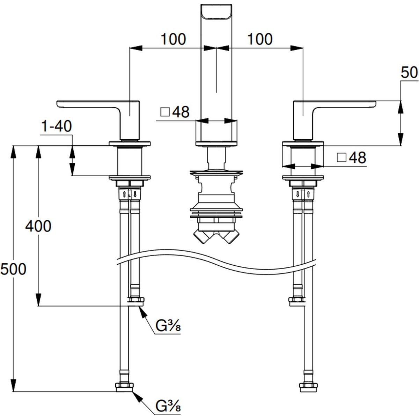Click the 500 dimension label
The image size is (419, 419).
[13, 269]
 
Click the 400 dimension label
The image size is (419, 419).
[38, 226]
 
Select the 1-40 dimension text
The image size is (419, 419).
[56, 126]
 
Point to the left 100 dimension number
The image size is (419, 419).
[173, 39]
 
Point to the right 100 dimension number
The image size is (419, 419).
[260, 39]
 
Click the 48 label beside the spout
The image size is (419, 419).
[181, 112]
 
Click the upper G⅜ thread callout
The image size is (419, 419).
[168, 327]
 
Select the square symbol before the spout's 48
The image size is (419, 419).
[165, 112]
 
